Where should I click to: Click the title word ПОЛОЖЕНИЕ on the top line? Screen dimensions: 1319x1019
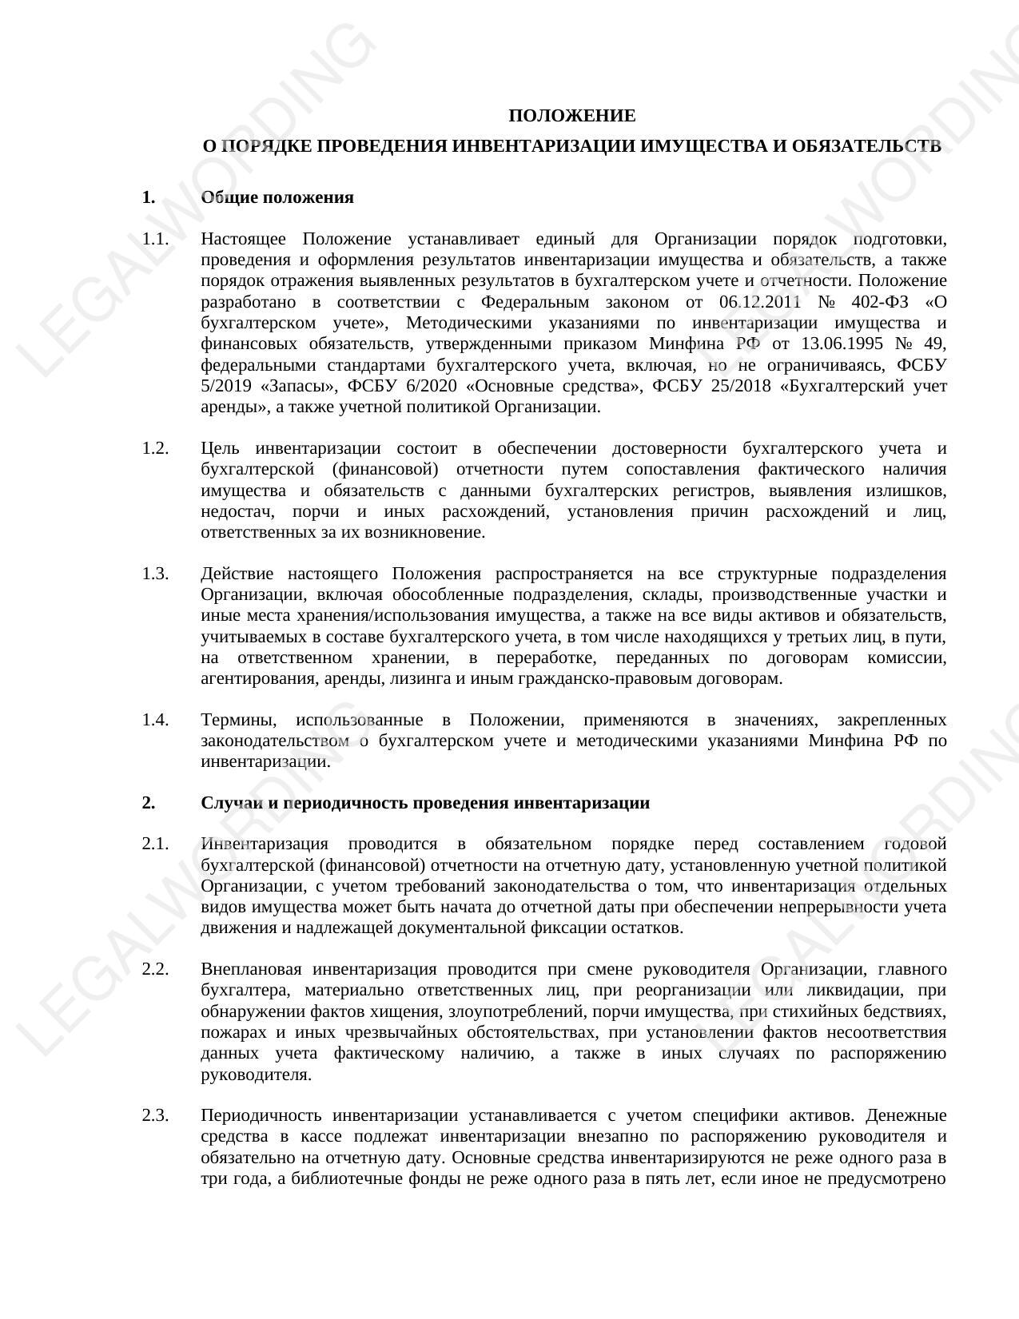coord(571,116)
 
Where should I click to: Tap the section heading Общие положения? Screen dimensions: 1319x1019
coord(277,197)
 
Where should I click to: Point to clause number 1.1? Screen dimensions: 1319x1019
coord(156,239)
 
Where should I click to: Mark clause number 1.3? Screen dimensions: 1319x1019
coord(156,574)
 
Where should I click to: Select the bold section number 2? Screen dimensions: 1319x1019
coord(148,803)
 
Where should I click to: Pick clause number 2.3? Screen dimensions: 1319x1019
coord(156,1116)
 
